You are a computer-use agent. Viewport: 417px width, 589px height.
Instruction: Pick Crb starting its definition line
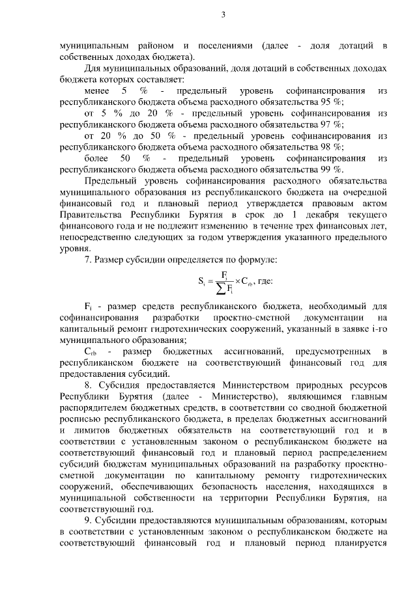(x=90, y=351)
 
